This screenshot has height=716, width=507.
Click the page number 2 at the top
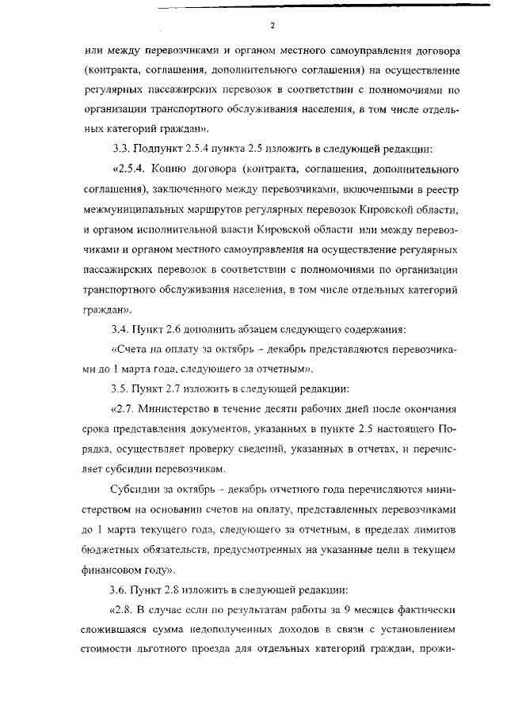click(272, 26)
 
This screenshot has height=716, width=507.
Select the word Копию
click(181, 170)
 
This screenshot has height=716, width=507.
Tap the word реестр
click(441, 190)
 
